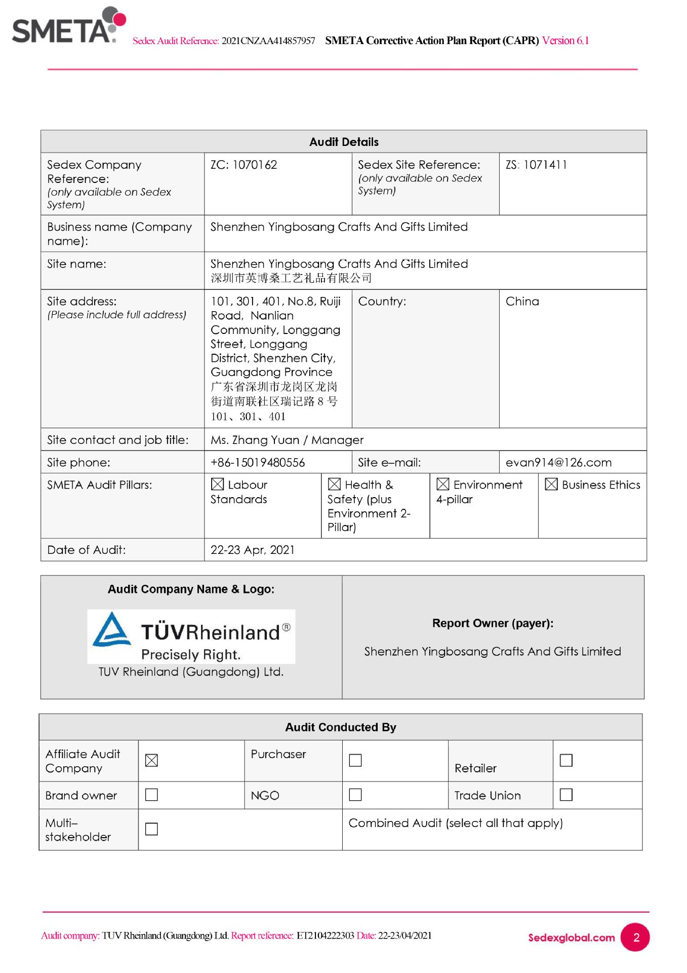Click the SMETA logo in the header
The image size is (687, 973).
pyautogui.click(x=68, y=26)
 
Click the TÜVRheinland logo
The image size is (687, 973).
pyautogui.click(x=191, y=637)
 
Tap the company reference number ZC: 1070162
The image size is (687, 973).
pyautogui.click(x=244, y=165)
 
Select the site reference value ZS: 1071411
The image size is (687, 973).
pyautogui.click(x=536, y=165)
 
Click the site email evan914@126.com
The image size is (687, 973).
pyautogui.click(x=558, y=462)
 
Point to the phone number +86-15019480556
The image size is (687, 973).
pyautogui.click(x=258, y=462)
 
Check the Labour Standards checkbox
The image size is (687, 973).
pyautogui.click(x=217, y=484)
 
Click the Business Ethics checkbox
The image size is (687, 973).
pyautogui.click(x=551, y=484)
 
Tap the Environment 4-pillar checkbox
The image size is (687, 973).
pyautogui.click(x=443, y=484)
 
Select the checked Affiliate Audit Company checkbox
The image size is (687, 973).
pyautogui.click(x=151, y=760)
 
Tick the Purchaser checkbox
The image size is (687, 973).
pyautogui.click(x=355, y=760)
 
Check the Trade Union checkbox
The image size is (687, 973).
pyautogui.click(x=566, y=795)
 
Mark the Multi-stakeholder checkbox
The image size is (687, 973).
pyautogui.click(x=151, y=829)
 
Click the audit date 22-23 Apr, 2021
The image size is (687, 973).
pyautogui.click(x=253, y=550)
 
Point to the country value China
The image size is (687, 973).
pyautogui.click(x=522, y=302)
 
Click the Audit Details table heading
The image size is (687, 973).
pyautogui.click(x=344, y=142)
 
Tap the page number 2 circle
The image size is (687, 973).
pyautogui.click(x=635, y=937)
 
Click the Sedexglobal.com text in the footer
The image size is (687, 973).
pyautogui.click(x=571, y=938)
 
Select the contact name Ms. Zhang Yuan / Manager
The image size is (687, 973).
pyautogui.click(x=287, y=440)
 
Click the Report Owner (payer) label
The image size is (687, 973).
pyautogui.click(x=493, y=623)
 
